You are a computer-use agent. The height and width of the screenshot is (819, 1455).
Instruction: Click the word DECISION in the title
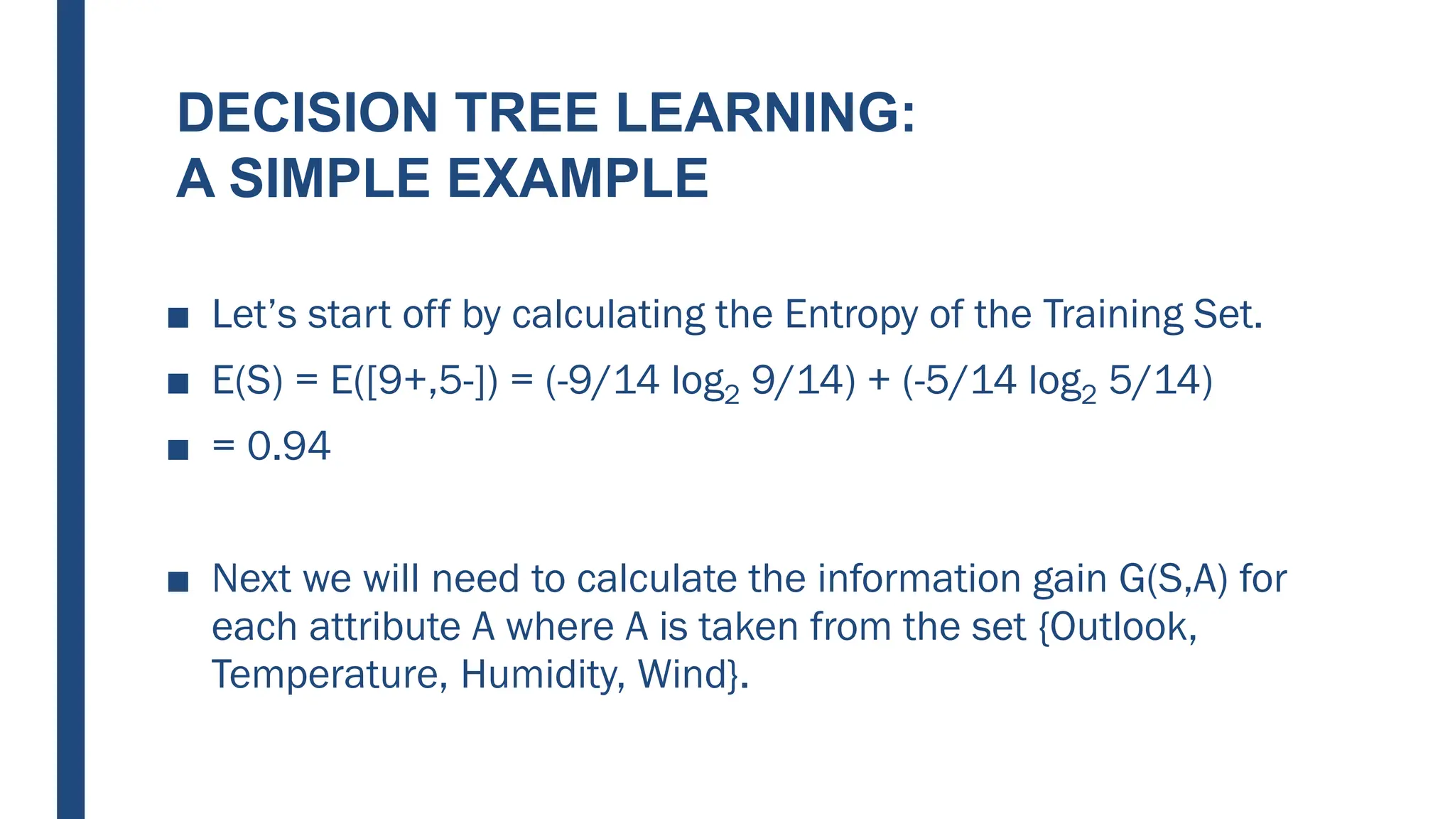(x=307, y=113)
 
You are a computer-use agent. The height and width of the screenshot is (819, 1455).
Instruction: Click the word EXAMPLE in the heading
(x=578, y=178)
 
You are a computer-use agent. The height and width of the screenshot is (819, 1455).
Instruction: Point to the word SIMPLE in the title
(x=330, y=178)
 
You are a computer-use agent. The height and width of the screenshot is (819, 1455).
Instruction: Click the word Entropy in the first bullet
(x=850, y=315)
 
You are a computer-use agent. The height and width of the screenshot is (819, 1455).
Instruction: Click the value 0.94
(x=288, y=446)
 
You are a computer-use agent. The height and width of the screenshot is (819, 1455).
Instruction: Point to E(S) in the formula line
(x=247, y=381)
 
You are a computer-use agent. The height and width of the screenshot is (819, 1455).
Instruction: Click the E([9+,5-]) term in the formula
(x=414, y=381)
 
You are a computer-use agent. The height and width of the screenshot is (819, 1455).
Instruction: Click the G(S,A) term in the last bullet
(x=1173, y=579)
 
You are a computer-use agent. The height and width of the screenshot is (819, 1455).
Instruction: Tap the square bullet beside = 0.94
(x=178, y=450)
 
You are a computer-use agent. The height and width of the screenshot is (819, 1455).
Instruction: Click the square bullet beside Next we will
(x=178, y=582)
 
